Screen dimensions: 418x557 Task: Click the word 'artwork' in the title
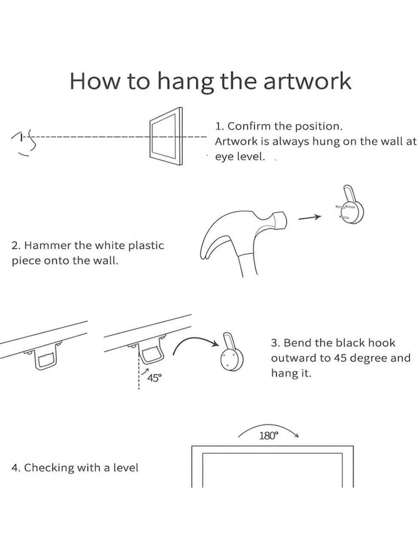coord(307,81)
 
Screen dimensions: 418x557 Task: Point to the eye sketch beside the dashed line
coord(24,143)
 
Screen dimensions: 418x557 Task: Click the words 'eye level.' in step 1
coord(240,156)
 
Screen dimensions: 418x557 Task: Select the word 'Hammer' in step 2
coord(48,246)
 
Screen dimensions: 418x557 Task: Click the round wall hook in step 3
coord(232,353)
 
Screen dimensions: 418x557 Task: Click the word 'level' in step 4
coord(126,467)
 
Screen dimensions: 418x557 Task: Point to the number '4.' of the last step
coord(16,468)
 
